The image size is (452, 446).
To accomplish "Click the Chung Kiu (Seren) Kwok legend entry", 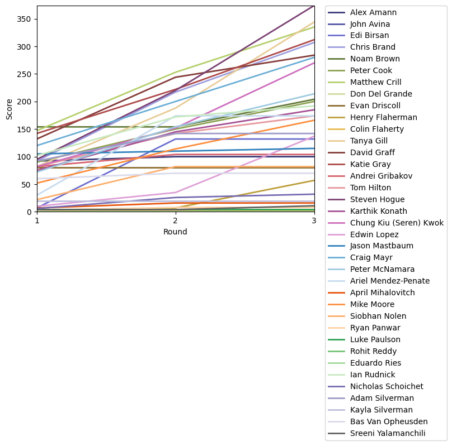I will click(397, 223).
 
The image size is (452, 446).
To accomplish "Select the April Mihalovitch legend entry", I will click(382, 292).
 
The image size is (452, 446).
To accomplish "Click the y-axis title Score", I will click(9, 109).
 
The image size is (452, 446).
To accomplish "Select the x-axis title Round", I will click(175, 232).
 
